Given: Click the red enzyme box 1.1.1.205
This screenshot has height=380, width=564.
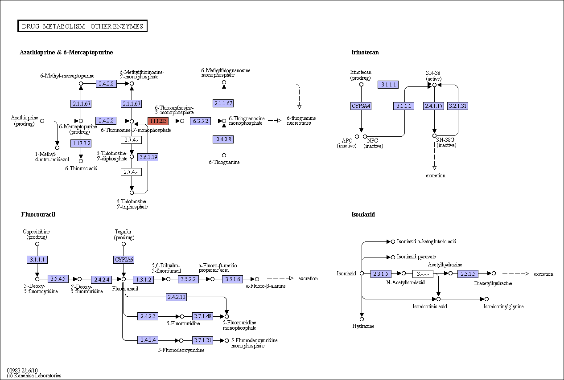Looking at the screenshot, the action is pyautogui.click(x=158, y=121).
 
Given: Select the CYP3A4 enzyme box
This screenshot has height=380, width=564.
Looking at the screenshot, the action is pyautogui.click(x=361, y=106).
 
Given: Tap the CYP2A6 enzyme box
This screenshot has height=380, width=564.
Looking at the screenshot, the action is pyautogui.click(x=124, y=259).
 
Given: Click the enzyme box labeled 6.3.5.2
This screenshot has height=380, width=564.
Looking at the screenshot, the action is pyautogui.click(x=200, y=121).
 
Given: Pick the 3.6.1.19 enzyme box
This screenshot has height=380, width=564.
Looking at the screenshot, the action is pyautogui.click(x=148, y=157).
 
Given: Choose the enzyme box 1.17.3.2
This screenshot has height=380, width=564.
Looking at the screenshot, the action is pyautogui.click(x=81, y=143).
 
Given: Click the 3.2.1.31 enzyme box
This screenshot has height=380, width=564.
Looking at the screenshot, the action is pyautogui.click(x=457, y=106).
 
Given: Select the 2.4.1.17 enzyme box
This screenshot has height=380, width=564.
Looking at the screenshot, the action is pyautogui.click(x=433, y=106).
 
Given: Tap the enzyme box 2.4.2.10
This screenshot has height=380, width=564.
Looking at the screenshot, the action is pyautogui.click(x=176, y=297).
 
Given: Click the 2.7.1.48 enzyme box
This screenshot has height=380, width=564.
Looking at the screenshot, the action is pyautogui.click(x=202, y=316).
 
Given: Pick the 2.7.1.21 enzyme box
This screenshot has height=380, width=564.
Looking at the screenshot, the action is pyautogui.click(x=202, y=340).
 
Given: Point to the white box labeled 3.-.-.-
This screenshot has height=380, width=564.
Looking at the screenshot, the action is pyautogui.click(x=423, y=274).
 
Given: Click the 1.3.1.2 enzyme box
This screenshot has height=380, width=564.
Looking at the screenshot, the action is pyautogui.click(x=143, y=279).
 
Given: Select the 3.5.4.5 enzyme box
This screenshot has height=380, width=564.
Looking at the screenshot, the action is pyautogui.click(x=58, y=279).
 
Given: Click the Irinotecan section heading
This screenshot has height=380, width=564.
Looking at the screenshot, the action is pyautogui.click(x=365, y=52).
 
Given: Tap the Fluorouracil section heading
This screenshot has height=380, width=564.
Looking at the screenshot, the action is pyautogui.click(x=38, y=214).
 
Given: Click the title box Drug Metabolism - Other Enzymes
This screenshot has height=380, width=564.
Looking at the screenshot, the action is pyautogui.click(x=82, y=26).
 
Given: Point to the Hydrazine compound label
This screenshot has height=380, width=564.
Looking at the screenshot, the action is pyautogui.click(x=363, y=326).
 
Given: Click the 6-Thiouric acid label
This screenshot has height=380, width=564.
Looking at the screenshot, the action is pyautogui.click(x=81, y=168).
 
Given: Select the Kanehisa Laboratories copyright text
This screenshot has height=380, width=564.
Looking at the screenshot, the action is pyautogui.click(x=34, y=376).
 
